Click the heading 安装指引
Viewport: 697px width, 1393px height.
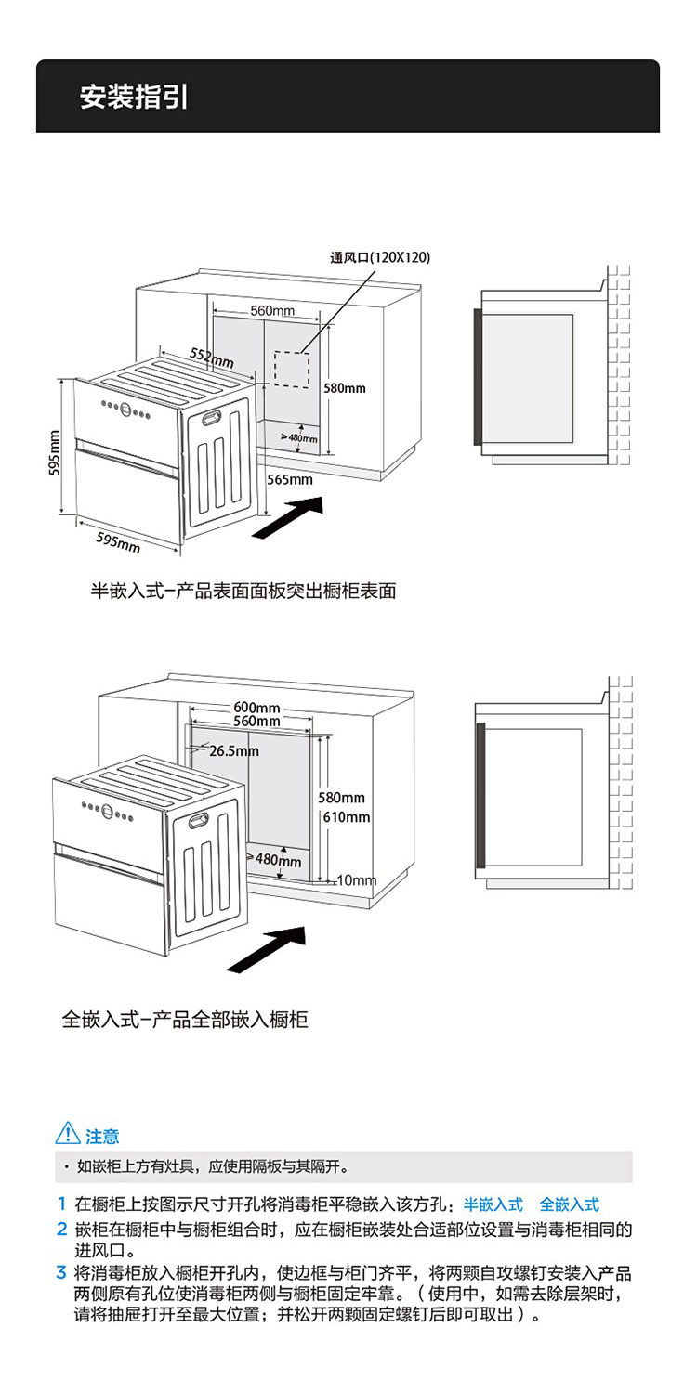click(134, 98)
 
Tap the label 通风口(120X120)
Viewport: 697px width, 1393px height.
click(380, 257)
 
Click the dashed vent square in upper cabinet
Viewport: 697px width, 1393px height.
click(291, 369)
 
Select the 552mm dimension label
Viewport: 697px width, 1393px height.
click(212, 357)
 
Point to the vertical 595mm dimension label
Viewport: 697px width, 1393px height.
click(55, 452)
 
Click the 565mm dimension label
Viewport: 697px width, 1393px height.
click(290, 480)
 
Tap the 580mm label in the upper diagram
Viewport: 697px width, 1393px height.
click(344, 387)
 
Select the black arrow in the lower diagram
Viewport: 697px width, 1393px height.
click(268, 948)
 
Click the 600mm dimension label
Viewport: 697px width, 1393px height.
click(256, 710)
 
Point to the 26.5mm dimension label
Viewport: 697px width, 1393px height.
click(233, 750)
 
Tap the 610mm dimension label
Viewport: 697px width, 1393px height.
click(347, 817)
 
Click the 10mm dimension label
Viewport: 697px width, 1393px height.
click(357, 879)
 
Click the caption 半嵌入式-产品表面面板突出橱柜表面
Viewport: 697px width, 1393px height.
click(243, 591)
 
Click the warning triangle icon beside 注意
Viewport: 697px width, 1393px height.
click(68, 1134)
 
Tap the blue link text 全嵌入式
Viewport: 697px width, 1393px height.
click(569, 1204)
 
